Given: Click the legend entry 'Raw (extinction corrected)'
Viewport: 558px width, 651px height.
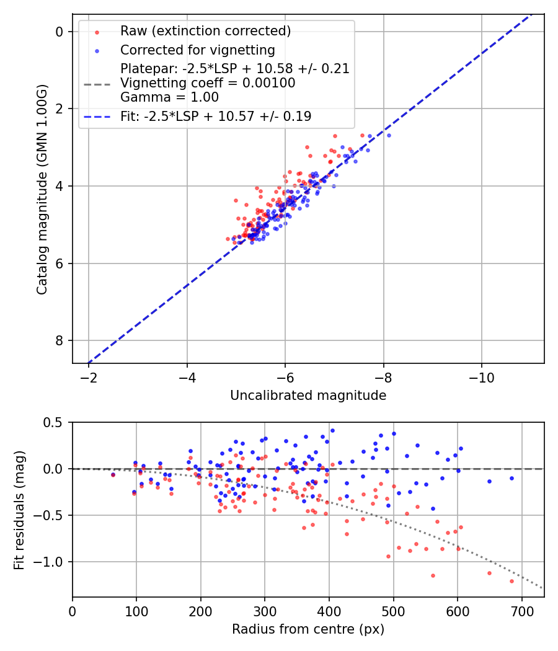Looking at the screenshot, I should coord(205,31).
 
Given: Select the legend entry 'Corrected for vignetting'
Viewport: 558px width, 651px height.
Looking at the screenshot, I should coord(198,50).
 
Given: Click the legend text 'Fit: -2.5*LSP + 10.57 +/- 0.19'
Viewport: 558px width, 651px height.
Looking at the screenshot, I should coord(216,116).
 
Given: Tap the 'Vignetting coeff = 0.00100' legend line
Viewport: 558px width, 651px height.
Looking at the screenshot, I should coord(208,82).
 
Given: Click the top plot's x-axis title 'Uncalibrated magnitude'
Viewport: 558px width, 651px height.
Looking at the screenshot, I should coord(308,396).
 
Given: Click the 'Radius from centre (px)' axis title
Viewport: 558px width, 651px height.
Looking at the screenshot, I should coord(308,629).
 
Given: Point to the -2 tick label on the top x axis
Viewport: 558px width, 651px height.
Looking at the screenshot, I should coord(89,376).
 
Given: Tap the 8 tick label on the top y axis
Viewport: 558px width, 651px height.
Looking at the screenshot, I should coord(60,340).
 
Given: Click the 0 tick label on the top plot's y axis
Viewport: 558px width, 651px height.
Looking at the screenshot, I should coord(60,32).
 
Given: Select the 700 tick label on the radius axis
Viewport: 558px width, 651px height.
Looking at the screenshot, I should coord(521,610).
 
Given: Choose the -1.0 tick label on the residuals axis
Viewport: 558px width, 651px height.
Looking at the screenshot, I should coord(52,562).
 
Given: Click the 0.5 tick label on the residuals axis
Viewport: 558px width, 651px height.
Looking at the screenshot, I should coord(55,422).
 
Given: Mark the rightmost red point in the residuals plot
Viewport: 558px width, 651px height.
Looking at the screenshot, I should coord(511,581).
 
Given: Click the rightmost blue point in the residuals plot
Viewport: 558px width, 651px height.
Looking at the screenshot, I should coord(511,478).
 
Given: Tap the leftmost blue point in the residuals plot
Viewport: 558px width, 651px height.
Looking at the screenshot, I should coord(113,474).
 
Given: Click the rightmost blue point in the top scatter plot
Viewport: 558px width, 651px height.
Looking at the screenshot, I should coord(389,135).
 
